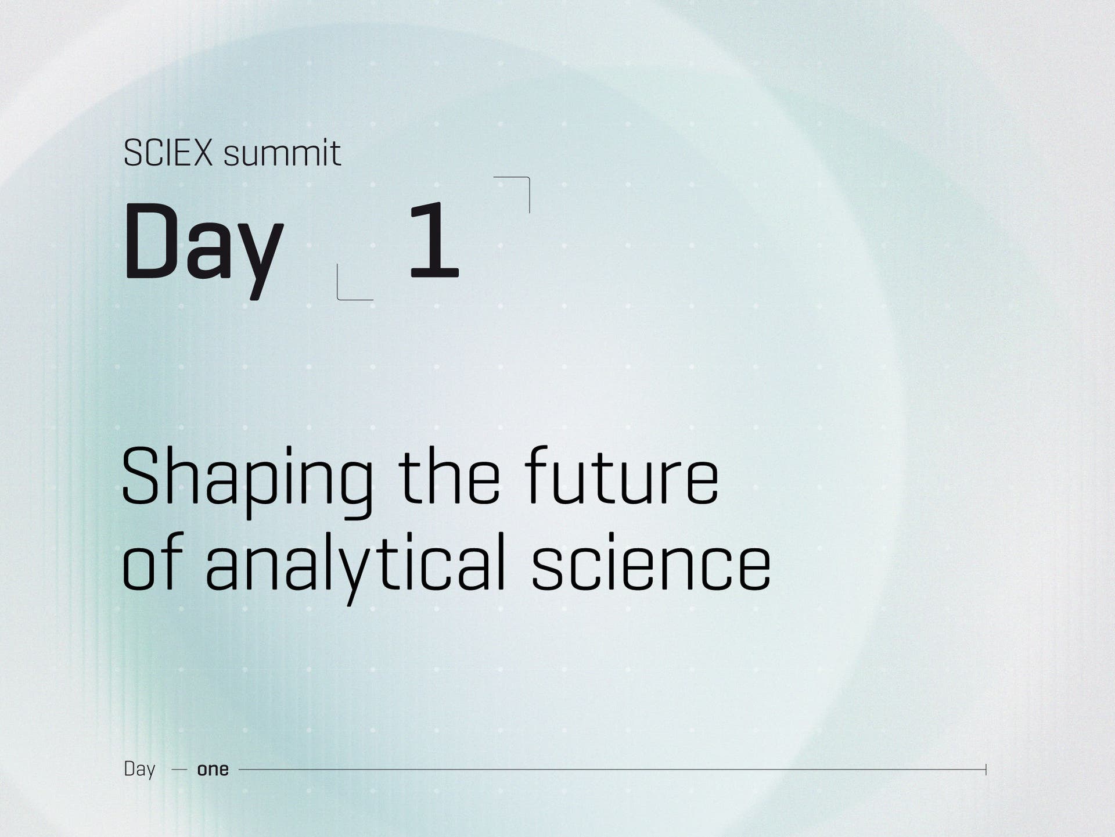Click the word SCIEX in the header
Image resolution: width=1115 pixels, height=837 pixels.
pos(168,153)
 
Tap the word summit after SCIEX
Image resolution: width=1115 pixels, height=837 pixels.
pos(282,153)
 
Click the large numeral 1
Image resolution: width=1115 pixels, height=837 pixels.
pos(434,239)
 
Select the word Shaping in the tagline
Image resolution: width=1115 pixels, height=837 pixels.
pos(247,482)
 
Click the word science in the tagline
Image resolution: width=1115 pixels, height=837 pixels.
pos(651,562)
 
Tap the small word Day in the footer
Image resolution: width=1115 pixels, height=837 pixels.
pos(139,770)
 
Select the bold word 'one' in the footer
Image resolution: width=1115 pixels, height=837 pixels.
pos(213,770)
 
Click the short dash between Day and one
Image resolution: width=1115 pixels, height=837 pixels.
pos(179,770)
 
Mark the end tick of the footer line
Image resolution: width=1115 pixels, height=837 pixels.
pos(985,770)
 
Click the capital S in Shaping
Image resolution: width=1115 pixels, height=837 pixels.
pos(140,476)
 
